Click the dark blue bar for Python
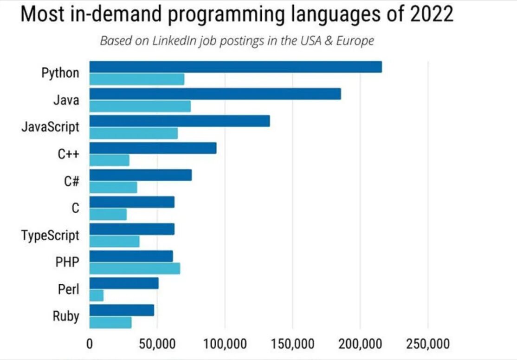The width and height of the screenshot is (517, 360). click(235, 67)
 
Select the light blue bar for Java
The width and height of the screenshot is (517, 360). click(140, 106)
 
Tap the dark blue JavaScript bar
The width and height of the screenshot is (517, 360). click(179, 121)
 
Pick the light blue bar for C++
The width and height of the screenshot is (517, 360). click(109, 160)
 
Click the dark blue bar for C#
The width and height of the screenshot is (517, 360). click(140, 175)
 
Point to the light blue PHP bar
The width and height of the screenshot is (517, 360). click(135, 268)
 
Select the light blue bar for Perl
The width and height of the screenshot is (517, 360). click(97, 295)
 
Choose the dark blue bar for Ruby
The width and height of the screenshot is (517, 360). click(122, 310)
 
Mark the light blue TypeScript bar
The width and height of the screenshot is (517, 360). click(114, 242)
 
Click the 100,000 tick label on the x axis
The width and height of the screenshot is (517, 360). click(225, 344)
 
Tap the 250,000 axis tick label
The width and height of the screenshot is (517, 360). click(428, 344)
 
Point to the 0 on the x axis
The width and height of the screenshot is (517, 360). click(90, 344)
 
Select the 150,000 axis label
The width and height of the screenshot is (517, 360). click(292, 344)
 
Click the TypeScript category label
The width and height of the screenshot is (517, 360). click(50, 236)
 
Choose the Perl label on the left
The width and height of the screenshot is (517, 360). click(69, 289)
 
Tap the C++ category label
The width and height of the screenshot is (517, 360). click(69, 154)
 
